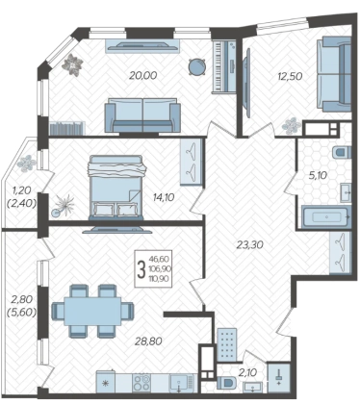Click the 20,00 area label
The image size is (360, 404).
point(142,75)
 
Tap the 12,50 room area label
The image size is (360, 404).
point(290,76)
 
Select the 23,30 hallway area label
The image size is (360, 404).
point(249,245)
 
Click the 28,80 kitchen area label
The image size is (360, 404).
point(148,341)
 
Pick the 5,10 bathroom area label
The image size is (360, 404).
point(317,175)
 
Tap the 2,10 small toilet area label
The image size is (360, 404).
point(248,372)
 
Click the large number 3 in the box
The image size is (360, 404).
point(141,269)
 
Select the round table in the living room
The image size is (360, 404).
point(196,67)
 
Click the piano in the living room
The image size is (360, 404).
point(224,66)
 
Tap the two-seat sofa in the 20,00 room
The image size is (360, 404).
point(142,115)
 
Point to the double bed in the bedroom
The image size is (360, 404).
point(116,188)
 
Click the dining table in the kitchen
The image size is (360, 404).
point(92,311)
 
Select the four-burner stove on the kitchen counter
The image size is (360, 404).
point(141,383)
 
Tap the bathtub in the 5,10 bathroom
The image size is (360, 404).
point(326,217)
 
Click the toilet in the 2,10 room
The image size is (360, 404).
point(226,383)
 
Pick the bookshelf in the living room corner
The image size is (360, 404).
point(67,128)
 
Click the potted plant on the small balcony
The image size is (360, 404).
point(26,164)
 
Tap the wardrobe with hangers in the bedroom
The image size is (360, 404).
point(192,162)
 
